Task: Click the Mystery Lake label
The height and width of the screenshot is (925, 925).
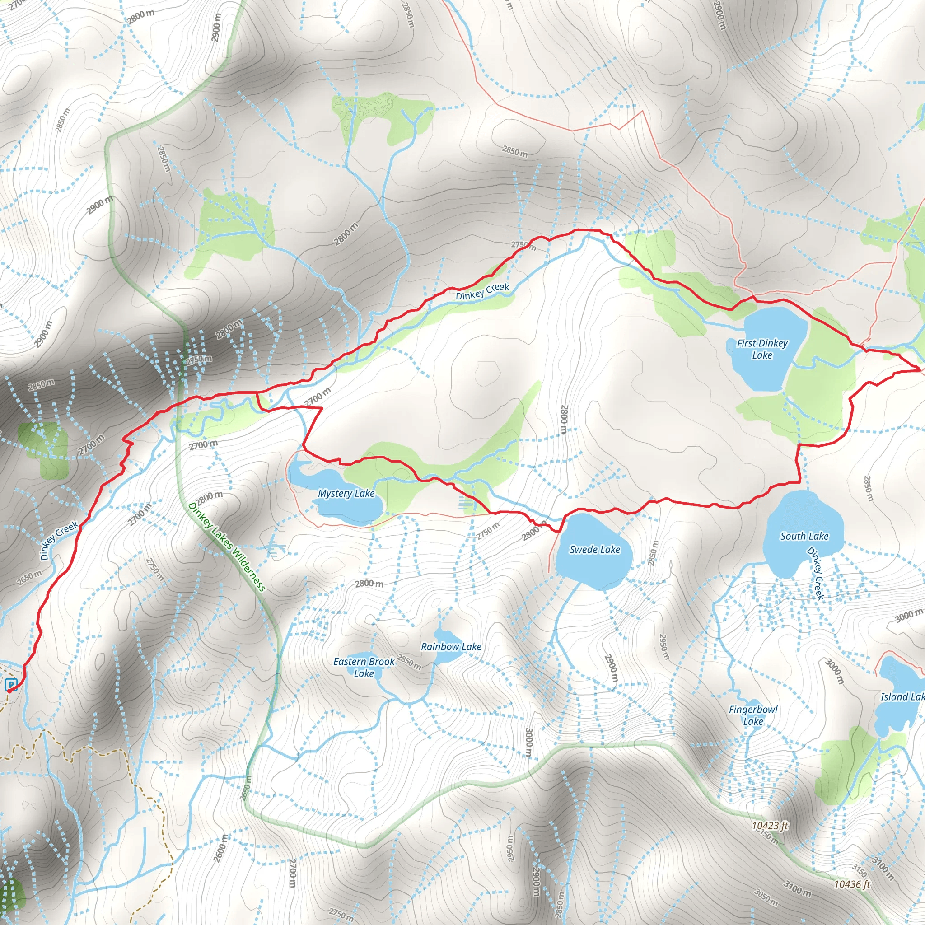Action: coord(346,493)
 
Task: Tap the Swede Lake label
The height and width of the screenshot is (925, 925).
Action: coord(595,550)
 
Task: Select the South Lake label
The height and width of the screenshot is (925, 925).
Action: coord(804,536)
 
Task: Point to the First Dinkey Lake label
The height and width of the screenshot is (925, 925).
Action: coord(762,349)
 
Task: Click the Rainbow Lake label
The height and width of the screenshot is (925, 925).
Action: coord(451,647)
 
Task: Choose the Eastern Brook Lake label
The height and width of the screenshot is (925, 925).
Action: coord(364,668)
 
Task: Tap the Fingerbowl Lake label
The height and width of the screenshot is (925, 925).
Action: coord(753,715)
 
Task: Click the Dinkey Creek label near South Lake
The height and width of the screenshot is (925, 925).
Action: coord(815,574)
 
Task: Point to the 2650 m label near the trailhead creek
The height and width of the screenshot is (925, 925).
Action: coord(29,579)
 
